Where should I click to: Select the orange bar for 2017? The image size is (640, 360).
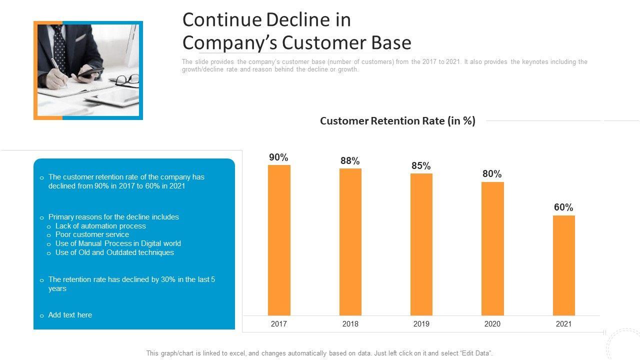click(279, 240)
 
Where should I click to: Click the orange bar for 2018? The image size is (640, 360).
click(350, 241)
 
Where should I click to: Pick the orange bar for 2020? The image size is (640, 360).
click(492, 248)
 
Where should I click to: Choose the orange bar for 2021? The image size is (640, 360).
click(563, 265)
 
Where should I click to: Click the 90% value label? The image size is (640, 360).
click(278, 157)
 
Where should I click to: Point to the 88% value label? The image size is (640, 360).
click(350, 161)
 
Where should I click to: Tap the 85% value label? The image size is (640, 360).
click(421, 166)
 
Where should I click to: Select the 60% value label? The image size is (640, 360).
click(563, 207)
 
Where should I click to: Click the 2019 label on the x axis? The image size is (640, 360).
click(421, 324)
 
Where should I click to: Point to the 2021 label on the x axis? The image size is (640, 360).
click(563, 324)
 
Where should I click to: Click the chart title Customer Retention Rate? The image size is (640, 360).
click(397, 121)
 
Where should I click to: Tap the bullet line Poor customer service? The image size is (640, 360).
click(92, 234)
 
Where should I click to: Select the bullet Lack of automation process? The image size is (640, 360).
click(100, 226)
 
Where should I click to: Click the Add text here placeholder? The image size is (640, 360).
click(70, 315)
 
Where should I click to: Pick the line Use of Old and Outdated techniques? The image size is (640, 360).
click(114, 252)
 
